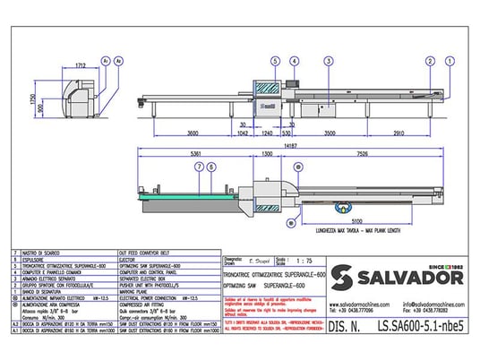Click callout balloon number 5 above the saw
(271, 61)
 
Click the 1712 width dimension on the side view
(80, 66)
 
